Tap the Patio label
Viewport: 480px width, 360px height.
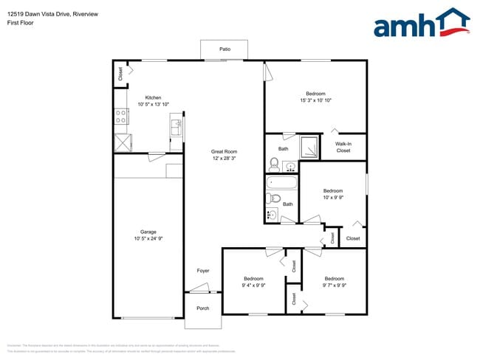[224, 49]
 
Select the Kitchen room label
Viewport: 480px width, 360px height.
[153, 97]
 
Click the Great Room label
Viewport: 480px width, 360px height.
[223, 151]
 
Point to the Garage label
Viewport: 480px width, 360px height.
[148, 231]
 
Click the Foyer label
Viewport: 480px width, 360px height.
[203, 271]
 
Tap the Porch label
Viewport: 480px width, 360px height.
[202, 308]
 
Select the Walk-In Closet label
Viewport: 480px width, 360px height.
[343, 147]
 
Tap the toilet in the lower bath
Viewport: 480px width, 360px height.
[272, 198]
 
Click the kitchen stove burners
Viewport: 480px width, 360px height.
[120, 116]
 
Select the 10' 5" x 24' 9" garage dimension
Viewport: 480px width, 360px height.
[148, 238]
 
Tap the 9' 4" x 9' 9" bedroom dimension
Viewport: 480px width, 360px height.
[254, 285]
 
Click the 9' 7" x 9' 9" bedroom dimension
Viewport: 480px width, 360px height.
[335, 285]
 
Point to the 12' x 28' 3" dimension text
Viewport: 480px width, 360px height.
[223, 158]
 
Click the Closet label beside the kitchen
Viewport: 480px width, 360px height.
[120, 74]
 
